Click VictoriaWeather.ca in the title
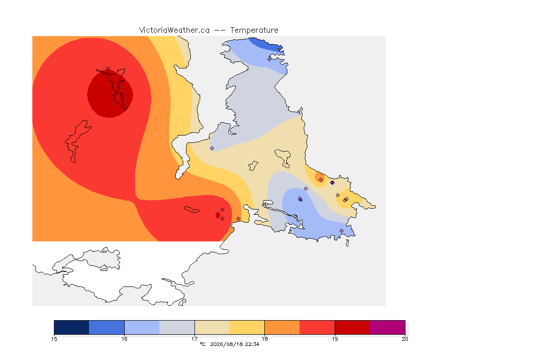click(x=174, y=30)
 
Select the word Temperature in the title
click(x=254, y=30)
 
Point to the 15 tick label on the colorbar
click(x=54, y=339)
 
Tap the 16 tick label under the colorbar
click(x=124, y=339)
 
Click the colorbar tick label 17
click(x=195, y=339)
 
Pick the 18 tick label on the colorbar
click(x=264, y=339)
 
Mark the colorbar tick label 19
click(x=335, y=339)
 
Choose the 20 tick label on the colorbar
click(x=405, y=339)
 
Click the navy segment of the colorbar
click(x=72, y=327)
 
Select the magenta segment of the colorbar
click(x=388, y=327)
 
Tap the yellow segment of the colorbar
click(x=247, y=327)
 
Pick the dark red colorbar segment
click(x=352, y=327)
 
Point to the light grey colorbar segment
click(x=177, y=327)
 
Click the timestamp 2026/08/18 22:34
click(x=234, y=344)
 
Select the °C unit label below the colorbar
click(x=202, y=344)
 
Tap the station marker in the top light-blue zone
click(x=270, y=59)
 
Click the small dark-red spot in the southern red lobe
click(x=217, y=215)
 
